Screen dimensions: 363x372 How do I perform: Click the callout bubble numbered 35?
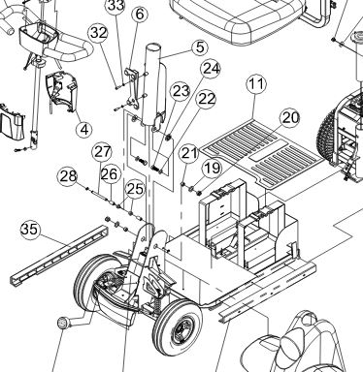pos(31,230)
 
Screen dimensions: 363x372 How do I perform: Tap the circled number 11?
pos(256,84)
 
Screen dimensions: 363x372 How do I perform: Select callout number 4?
pos(84,130)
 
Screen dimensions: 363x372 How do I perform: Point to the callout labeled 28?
pos(68,176)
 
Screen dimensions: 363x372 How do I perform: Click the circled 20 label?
pos(290,118)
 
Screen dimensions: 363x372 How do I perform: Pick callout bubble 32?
pos(99,33)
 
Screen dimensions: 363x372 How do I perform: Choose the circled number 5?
pos(200,47)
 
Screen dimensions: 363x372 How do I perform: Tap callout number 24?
pos(211,69)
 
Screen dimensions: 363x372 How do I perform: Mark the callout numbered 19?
pos(213,169)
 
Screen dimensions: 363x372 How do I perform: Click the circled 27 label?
pos(102,152)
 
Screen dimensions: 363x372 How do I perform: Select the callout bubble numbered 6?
pos(140,15)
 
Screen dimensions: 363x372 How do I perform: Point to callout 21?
pos(189,153)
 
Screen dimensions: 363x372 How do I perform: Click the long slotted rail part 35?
pos(58,254)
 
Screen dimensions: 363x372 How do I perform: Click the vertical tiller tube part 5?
pos(154,85)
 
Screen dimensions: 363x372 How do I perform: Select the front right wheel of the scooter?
pos(178,327)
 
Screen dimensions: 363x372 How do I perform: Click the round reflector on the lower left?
pos(62,324)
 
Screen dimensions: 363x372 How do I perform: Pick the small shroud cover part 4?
pos(60,89)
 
